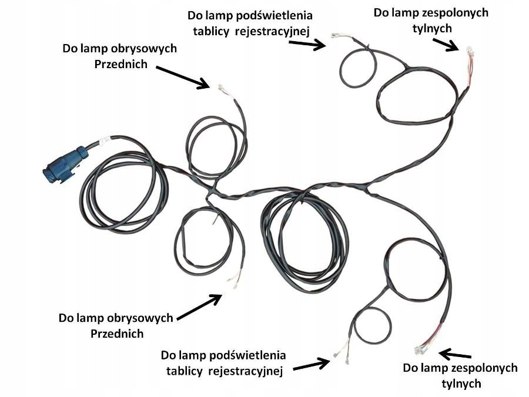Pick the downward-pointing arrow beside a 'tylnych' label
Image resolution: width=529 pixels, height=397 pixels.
[x=446, y=43]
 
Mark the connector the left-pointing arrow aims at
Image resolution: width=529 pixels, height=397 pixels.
[x=421, y=349]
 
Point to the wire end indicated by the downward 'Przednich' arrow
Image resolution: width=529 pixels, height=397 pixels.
[x=220, y=88]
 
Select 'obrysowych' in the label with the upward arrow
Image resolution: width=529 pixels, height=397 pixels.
[x=141, y=318]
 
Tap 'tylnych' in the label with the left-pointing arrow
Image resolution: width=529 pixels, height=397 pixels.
[x=460, y=383]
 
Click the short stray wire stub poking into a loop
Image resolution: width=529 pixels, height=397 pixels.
[x=216, y=220]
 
